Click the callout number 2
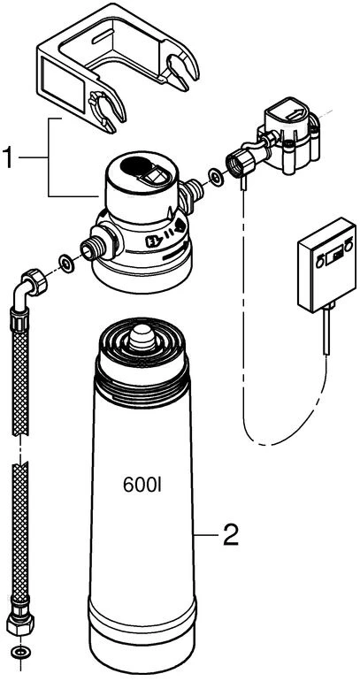coord(230,535)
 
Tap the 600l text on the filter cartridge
coord(142,486)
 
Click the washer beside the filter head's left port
coord(67,264)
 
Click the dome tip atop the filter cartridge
coord(142,337)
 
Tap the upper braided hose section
coord(20,372)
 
